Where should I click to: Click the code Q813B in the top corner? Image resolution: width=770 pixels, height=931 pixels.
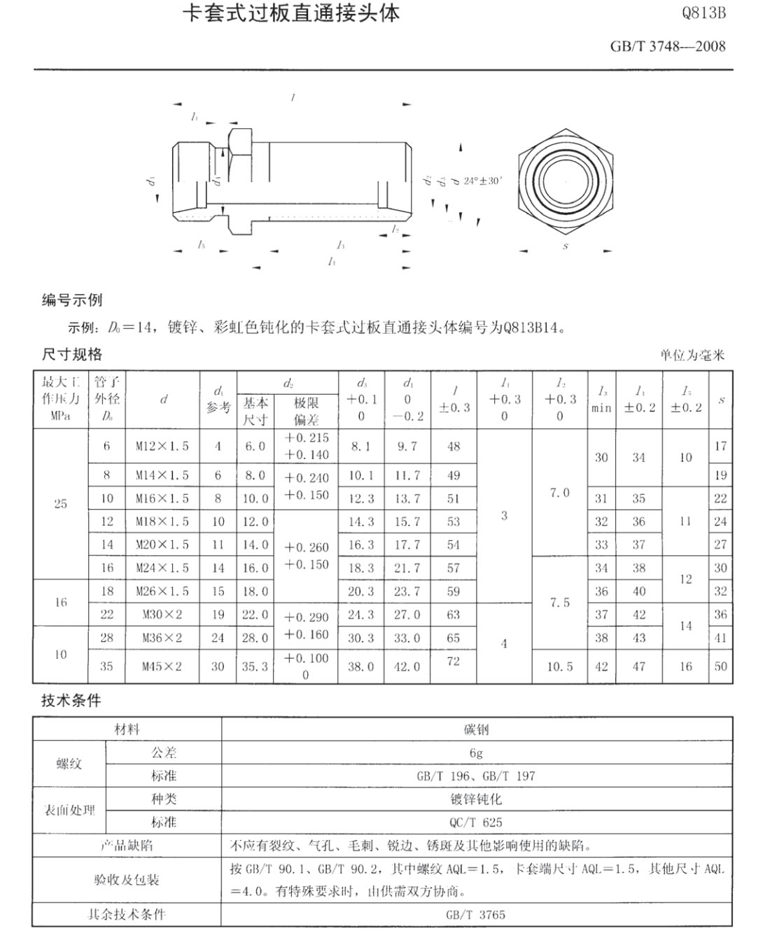703,13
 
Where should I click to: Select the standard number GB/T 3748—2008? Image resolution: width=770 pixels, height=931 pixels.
668,47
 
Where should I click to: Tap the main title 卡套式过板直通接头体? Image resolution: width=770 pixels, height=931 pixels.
290,13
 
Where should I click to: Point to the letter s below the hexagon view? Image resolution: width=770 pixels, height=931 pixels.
566,246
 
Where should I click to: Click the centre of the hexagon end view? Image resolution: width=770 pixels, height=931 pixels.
566,181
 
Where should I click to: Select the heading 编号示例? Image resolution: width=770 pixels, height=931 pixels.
72,300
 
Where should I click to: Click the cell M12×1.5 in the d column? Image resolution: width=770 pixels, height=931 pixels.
162,446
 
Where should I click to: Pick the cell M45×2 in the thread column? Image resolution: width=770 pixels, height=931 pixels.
162,666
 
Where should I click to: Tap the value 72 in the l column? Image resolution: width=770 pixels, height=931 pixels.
454,661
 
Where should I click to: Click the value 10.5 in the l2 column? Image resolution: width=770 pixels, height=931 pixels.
560,666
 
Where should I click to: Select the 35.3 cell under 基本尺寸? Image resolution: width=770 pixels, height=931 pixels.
255,666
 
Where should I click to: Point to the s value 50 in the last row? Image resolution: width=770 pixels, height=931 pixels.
721,666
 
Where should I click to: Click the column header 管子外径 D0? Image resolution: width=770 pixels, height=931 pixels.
106,400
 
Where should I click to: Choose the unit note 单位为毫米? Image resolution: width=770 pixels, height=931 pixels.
692,355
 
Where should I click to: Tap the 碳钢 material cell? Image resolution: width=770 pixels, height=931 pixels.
476,729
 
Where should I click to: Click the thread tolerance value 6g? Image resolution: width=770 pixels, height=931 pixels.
476,752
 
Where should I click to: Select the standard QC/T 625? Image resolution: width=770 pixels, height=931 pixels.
476,822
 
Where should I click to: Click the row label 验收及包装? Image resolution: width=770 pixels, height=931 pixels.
127,880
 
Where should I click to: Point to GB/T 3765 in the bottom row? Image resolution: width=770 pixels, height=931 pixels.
476,914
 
